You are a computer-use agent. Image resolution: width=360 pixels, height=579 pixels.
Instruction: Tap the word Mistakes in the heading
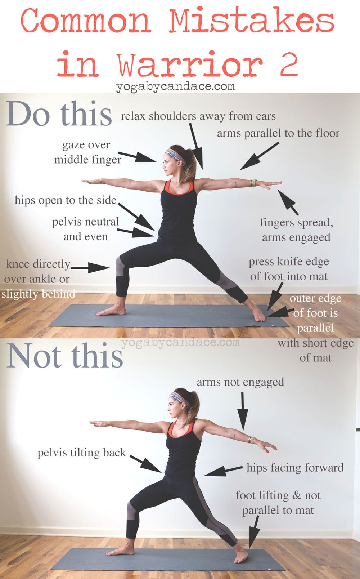click(x=252, y=20)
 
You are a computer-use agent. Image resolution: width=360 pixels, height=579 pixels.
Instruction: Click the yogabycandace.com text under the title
click(x=175, y=87)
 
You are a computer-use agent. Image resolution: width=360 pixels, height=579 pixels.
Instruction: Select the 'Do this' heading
click(x=59, y=113)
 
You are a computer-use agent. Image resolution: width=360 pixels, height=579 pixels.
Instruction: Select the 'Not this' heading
click(x=65, y=355)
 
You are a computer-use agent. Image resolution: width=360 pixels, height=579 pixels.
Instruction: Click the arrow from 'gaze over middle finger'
click(x=138, y=157)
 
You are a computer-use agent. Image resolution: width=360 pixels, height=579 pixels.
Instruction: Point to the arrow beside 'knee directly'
click(x=90, y=268)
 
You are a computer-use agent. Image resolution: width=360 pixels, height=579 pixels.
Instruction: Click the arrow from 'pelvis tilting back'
click(x=146, y=464)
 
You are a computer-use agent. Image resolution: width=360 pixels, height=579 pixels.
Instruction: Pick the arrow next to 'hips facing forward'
click(x=224, y=471)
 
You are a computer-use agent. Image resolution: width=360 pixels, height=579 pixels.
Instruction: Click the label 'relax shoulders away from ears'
click(x=198, y=116)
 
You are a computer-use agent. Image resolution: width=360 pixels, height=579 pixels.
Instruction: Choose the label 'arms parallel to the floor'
click(x=278, y=133)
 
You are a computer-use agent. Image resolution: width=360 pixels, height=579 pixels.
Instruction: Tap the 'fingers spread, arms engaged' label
click(x=296, y=230)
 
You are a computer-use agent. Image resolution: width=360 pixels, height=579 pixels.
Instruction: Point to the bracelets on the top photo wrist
click(x=253, y=183)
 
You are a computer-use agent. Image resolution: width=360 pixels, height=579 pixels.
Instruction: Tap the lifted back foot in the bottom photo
click(x=241, y=556)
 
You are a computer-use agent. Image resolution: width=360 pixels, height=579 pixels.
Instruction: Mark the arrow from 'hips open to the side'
click(x=136, y=217)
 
